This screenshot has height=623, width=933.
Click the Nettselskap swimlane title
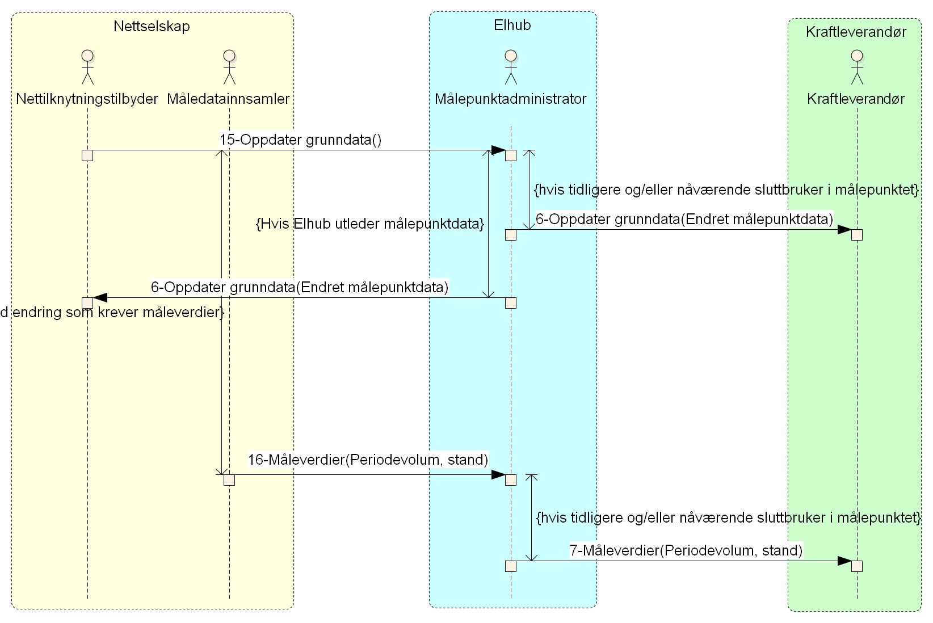click(x=152, y=26)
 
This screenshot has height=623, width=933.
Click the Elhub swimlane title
click(x=512, y=25)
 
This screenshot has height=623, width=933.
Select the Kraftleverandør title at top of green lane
click(x=856, y=32)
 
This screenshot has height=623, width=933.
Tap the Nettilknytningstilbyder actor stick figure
click(x=87, y=67)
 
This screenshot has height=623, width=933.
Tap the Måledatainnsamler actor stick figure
click(x=229, y=67)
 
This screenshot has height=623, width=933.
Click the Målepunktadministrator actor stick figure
click(x=511, y=67)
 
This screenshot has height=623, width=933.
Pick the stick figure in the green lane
click(x=856, y=67)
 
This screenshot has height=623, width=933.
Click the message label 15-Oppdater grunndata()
click(x=300, y=140)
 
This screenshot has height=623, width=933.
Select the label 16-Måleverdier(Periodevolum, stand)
click(x=368, y=460)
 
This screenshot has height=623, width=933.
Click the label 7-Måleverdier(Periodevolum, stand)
click(x=686, y=550)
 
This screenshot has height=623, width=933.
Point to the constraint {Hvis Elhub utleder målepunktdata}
click(x=370, y=224)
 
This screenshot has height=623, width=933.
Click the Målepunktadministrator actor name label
click(x=510, y=99)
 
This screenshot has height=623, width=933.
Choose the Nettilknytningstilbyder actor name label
click(x=87, y=99)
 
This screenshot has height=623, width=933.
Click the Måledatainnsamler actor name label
click(x=228, y=99)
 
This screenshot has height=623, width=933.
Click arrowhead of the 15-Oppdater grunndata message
click(x=498, y=150)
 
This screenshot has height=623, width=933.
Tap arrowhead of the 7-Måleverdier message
click(x=844, y=561)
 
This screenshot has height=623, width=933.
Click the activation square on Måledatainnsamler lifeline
click(x=229, y=480)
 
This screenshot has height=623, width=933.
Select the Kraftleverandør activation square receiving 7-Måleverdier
click(x=857, y=566)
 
